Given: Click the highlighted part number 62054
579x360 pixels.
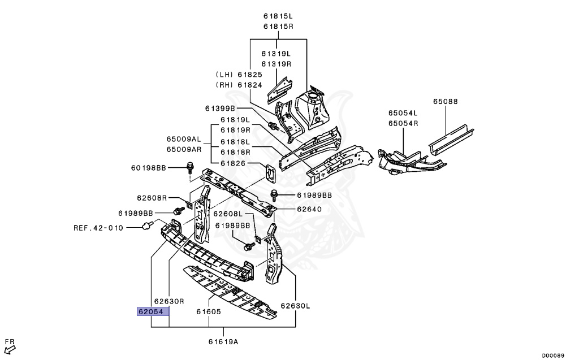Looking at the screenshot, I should click(x=153, y=311).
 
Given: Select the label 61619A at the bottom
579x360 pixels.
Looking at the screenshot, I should click(x=223, y=341).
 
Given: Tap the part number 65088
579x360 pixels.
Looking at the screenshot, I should click(x=446, y=102).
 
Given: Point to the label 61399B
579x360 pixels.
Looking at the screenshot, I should click(x=219, y=108).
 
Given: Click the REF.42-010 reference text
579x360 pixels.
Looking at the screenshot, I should click(x=98, y=228).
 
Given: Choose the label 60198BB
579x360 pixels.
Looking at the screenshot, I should click(x=149, y=167).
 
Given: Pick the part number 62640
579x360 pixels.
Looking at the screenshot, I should click(x=309, y=209).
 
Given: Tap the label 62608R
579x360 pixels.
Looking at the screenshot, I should click(x=152, y=198).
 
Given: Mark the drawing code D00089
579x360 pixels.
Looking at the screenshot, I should click(x=553, y=355).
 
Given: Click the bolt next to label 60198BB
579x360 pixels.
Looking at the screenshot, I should click(x=189, y=167).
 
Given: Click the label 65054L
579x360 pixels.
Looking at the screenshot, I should click(x=403, y=113).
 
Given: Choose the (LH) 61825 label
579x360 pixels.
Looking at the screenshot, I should click(x=239, y=75).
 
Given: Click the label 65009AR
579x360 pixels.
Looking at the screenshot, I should click(x=184, y=150).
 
